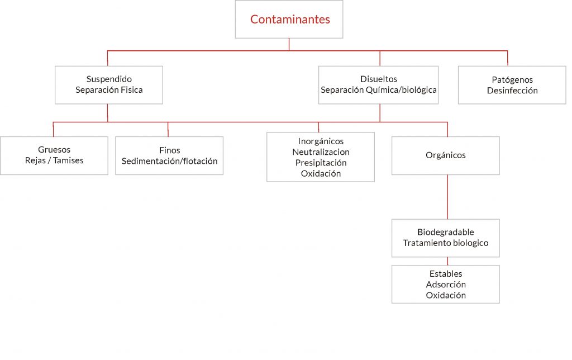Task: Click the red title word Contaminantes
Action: click(x=290, y=20)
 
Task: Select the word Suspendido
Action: click(x=109, y=79)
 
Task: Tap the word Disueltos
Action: click(x=379, y=79)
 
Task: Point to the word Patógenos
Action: click(x=512, y=80)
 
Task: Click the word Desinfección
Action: click(x=512, y=91)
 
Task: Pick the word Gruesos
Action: click(x=54, y=150)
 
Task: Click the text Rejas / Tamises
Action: click(x=54, y=160)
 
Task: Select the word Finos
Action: click(x=170, y=150)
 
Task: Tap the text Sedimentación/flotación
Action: click(x=170, y=161)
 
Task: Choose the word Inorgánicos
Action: click(x=321, y=141)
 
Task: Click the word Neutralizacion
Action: click(x=321, y=152)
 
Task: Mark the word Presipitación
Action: click(x=321, y=163)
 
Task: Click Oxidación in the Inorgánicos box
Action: click(x=321, y=173)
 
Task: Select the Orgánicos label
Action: click(x=445, y=155)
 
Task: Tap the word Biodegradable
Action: click(x=445, y=232)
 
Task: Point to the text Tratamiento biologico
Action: click(x=445, y=243)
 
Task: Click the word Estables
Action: click(x=445, y=274)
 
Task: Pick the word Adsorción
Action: click(x=445, y=285)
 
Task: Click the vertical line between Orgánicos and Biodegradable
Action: click(x=447, y=197)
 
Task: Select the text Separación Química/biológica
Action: click(x=379, y=90)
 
